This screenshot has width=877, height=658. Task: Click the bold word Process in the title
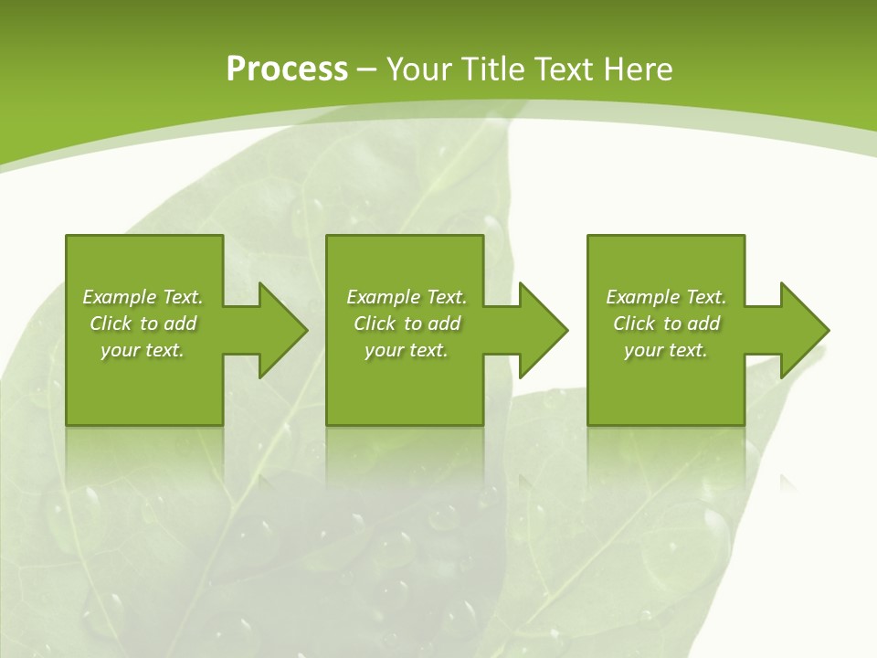[x=287, y=69]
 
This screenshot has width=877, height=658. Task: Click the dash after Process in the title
[x=367, y=70]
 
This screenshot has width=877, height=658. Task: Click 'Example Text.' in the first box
[x=143, y=297]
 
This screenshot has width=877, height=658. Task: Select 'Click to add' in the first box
[x=143, y=324]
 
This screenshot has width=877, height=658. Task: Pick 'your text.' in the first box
[x=143, y=350]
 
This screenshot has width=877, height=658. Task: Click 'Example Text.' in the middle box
[x=407, y=297]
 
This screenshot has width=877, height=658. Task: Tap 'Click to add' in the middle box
[x=407, y=324]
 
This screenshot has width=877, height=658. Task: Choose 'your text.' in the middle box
[x=407, y=350]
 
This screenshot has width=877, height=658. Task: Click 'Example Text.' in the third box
[x=666, y=297]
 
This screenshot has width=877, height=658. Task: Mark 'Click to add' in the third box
[x=666, y=324]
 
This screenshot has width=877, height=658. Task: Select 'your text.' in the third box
[x=666, y=350]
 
